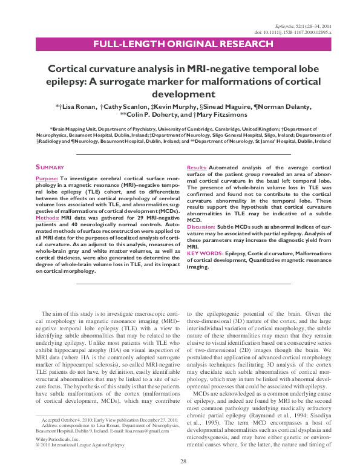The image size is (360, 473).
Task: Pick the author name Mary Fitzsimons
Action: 220,115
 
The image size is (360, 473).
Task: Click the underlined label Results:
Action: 196,167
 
